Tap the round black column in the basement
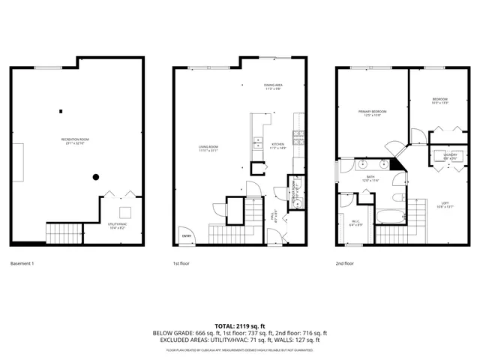pos(96,177)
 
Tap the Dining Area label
pos(272,87)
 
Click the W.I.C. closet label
pos(357,223)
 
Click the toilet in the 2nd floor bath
pos(397,199)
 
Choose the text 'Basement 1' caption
pos(22,264)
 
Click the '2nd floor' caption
pos(345,264)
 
